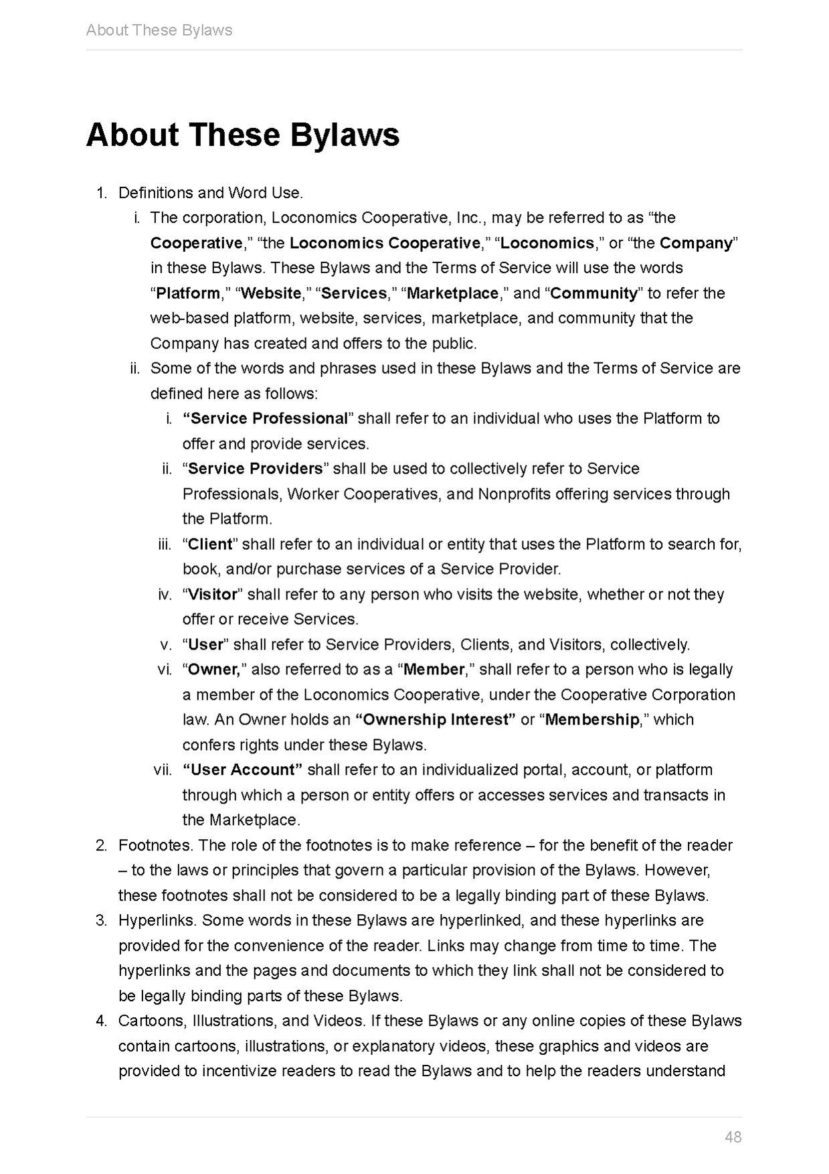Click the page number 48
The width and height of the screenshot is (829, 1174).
click(733, 1136)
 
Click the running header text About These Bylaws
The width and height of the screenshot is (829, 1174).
click(159, 30)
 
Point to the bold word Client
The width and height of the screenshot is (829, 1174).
click(210, 544)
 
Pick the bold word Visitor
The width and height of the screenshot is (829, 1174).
click(213, 594)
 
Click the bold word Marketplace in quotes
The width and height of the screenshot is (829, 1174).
click(453, 293)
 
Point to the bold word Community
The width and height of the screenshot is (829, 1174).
click(594, 293)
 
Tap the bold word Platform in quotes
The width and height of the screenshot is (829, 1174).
click(188, 293)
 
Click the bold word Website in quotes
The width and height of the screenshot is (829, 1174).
click(271, 293)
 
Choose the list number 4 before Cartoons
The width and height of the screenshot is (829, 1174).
click(101, 1021)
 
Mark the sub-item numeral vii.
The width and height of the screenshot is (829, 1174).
click(163, 770)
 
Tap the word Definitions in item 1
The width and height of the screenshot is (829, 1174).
click(155, 193)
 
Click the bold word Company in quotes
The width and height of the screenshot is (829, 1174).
click(696, 243)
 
